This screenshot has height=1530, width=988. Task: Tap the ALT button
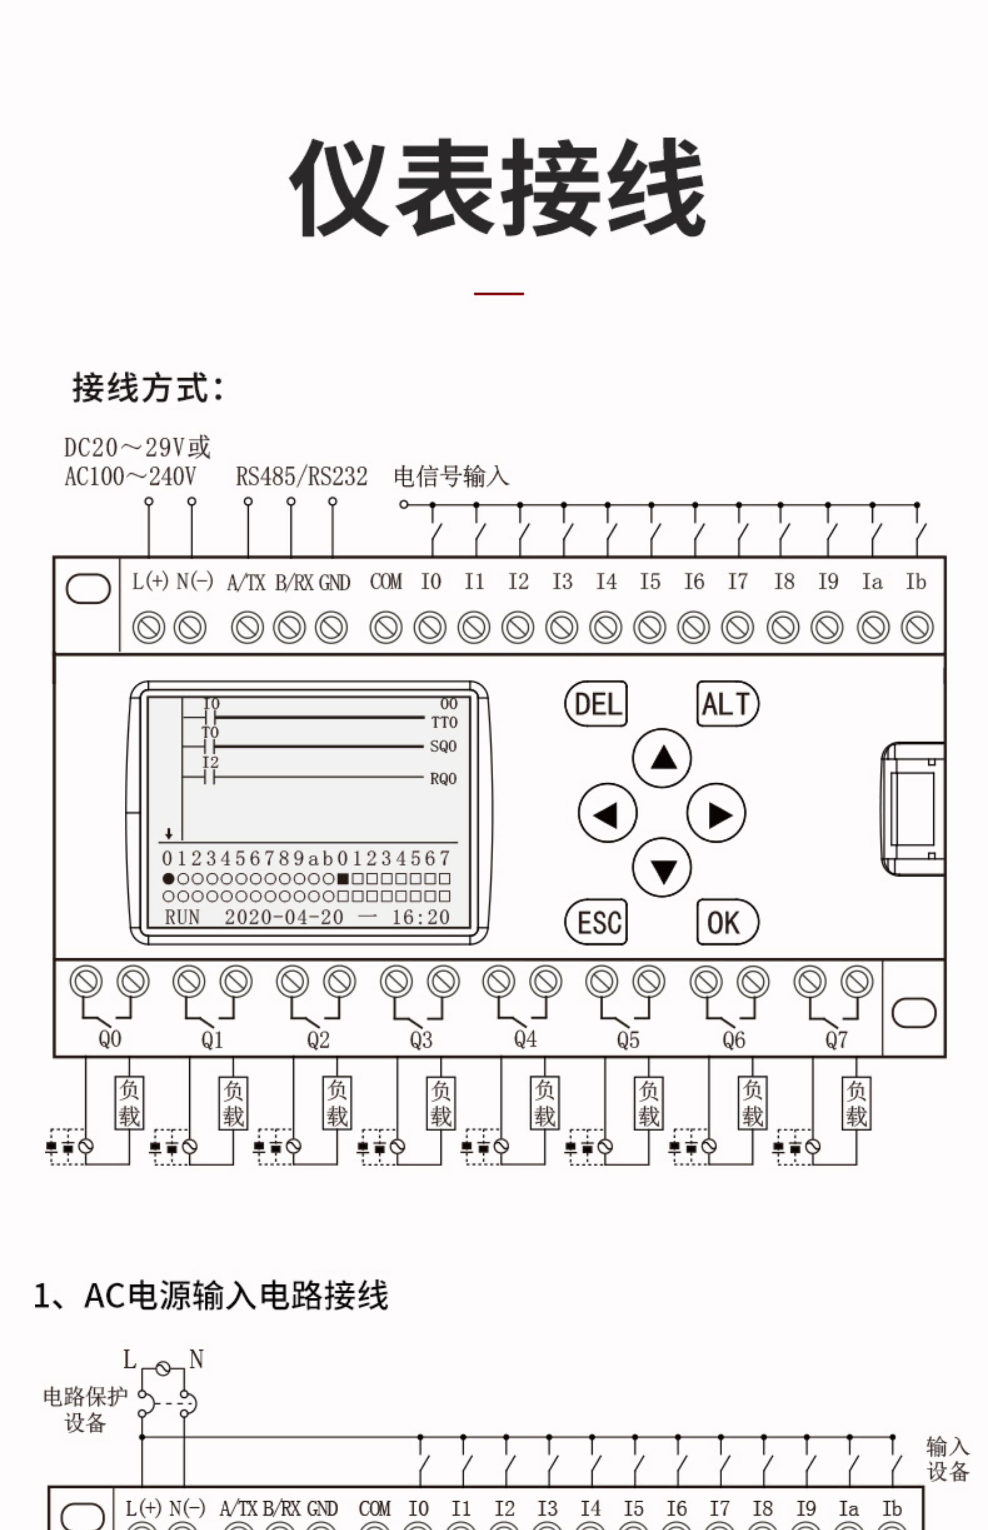(x=727, y=704)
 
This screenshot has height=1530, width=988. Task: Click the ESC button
(x=596, y=922)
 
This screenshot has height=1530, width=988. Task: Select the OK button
(x=727, y=922)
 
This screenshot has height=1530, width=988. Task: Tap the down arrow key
(x=662, y=867)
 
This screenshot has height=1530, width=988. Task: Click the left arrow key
(x=608, y=813)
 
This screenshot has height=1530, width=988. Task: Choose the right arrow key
(x=717, y=813)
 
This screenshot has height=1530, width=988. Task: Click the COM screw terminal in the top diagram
(x=386, y=628)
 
